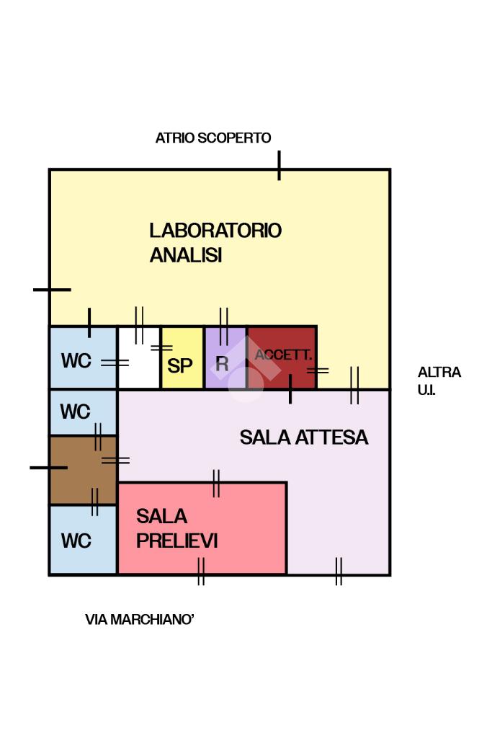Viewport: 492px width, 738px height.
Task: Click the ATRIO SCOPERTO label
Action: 213,138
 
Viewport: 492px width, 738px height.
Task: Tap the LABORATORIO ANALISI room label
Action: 215,243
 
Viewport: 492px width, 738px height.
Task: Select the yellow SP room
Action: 181,359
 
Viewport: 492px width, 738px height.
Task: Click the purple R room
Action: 225,359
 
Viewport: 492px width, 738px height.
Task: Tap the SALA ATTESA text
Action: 303,437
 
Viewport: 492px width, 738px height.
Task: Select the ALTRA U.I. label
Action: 439,381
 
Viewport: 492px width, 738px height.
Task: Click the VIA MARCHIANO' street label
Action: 140,619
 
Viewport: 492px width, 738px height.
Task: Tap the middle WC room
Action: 76,412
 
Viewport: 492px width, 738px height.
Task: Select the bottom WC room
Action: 76,540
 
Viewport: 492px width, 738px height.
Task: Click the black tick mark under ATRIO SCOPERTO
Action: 279,166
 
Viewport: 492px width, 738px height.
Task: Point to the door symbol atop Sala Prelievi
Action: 215,483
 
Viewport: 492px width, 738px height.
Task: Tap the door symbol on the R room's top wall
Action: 223,325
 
